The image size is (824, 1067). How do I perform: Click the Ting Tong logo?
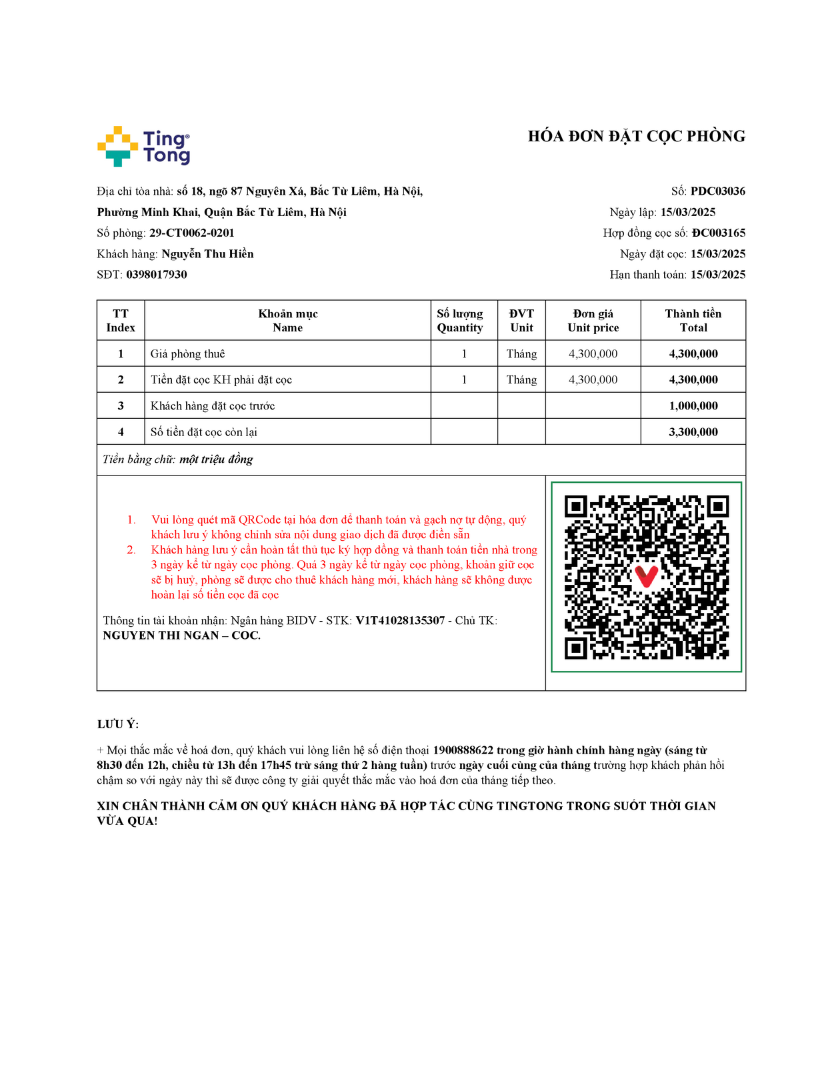(x=143, y=147)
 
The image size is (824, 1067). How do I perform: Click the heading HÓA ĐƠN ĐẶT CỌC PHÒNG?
(x=636, y=137)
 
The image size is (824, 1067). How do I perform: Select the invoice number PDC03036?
(x=717, y=191)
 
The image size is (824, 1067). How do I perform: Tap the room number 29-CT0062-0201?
(x=191, y=233)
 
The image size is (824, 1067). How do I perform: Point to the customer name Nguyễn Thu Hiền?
(x=207, y=254)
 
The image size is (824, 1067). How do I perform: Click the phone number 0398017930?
(x=157, y=275)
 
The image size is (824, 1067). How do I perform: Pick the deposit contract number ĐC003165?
(x=718, y=233)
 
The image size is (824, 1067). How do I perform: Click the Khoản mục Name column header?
(x=287, y=321)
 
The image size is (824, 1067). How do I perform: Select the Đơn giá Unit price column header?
(x=593, y=321)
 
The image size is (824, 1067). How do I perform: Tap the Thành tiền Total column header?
(x=693, y=321)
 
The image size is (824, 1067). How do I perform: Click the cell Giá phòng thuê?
(x=188, y=354)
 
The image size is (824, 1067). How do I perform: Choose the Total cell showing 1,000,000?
(x=693, y=406)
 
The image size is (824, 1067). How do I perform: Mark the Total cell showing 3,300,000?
(x=693, y=432)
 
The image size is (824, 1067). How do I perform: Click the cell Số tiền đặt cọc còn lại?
(x=204, y=432)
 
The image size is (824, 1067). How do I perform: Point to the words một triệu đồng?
(x=216, y=459)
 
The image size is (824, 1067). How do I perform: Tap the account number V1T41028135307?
(x=400, y=621)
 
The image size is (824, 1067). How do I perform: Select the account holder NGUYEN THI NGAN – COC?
(x=181, y=636)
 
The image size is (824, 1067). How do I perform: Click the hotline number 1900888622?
(x=463, y=750)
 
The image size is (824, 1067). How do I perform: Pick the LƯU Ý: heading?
(x=118, y=724)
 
